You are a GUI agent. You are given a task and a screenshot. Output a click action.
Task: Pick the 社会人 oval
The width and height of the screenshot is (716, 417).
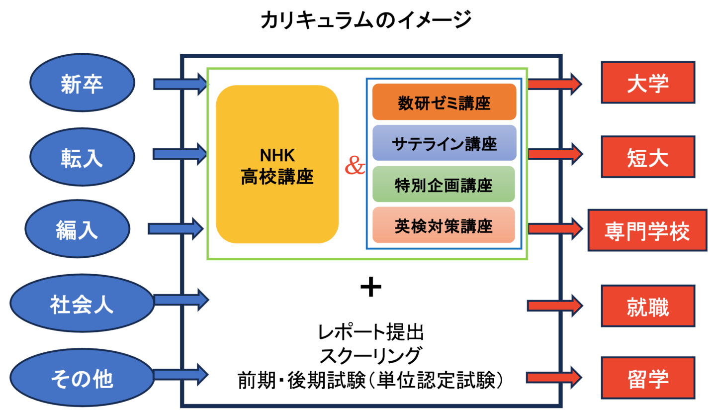click(x=83, y=304)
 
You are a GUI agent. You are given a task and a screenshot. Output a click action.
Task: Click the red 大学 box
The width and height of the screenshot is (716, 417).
click(x=647, y=83)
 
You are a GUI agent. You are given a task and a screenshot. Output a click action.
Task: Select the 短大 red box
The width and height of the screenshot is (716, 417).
click(x=647, y=157)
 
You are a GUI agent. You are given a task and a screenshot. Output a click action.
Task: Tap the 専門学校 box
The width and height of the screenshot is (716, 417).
click(x=647, y=230)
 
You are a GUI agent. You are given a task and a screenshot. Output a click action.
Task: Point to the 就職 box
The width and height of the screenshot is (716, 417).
click(x=647, y=306)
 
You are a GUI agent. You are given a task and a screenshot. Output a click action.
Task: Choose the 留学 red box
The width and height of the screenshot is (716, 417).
click(x=647, y=377)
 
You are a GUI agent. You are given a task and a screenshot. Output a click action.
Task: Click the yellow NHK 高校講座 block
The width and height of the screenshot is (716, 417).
click(x=277, y=164)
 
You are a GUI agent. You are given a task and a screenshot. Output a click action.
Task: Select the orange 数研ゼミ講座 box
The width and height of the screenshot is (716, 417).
click(x=444, y=102)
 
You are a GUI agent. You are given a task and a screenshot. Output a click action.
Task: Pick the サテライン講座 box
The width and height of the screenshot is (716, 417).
click(x=444, y=143)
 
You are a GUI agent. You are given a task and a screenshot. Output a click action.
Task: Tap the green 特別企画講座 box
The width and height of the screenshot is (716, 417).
click(x=444, y=185)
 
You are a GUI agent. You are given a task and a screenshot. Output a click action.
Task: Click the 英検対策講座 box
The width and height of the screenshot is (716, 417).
click(x=444, y=225)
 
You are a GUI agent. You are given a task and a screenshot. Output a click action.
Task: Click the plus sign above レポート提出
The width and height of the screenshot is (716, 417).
click(x=370, y=288)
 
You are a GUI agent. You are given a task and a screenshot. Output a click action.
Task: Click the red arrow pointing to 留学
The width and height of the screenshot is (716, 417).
click(x=554, y=377)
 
